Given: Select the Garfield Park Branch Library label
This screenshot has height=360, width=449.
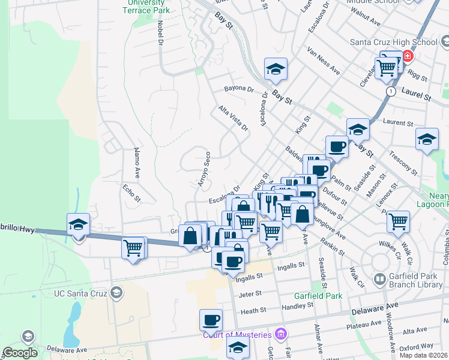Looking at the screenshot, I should coord(414,280).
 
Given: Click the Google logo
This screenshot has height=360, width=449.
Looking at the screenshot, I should coord(20,353).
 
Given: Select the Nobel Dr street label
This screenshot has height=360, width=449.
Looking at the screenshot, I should coord(160,33).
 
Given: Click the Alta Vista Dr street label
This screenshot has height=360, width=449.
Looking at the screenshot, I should coord(233,118).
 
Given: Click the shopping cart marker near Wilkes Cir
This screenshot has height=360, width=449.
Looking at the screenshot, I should coord(398,221).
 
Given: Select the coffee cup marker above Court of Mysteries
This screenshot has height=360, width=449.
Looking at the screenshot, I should coord(211,320).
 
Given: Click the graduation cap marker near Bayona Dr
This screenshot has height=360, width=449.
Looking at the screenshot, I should coord(276,69).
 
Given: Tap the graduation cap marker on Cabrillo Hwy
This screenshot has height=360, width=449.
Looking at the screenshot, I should coord(79,224).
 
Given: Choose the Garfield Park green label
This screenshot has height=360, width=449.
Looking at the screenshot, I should coord(318,296).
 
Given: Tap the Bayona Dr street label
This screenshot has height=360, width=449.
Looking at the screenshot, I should coord(240,88).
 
